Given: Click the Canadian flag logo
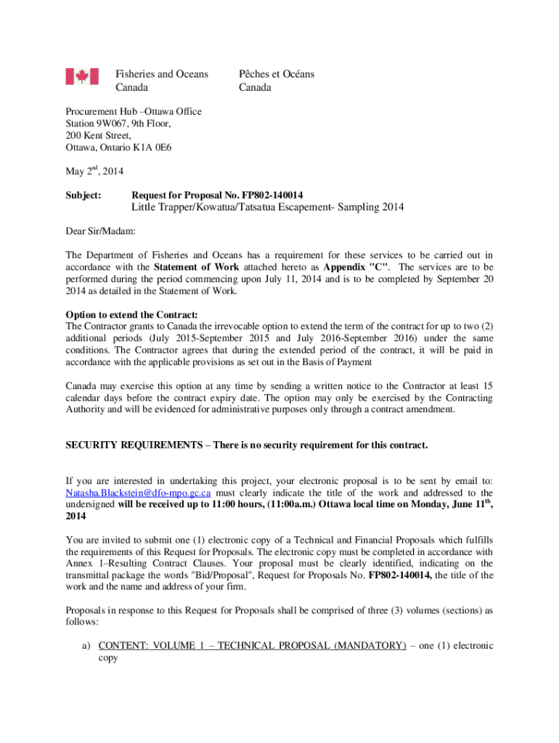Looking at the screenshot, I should coord(82,76).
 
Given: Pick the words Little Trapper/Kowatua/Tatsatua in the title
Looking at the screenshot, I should coord(211,208).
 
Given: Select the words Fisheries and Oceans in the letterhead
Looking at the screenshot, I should coord(162,74).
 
